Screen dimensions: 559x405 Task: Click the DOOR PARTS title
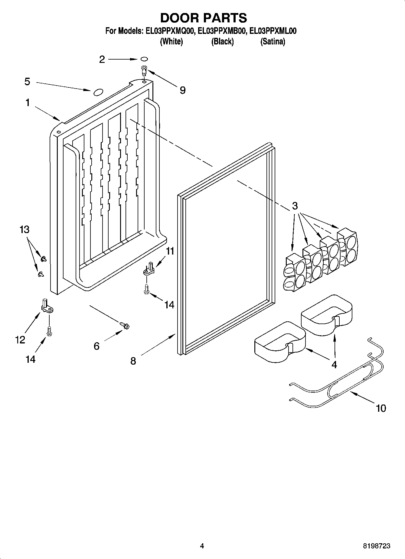(203, 18)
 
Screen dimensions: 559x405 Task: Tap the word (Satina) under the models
(273, 42)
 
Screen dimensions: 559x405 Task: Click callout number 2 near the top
(102, 60)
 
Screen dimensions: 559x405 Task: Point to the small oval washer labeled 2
(144, 59)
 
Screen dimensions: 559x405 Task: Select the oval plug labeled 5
(98, 92)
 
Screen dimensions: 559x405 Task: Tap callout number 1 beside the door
(28, 103)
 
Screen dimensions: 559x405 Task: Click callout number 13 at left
(24, 229)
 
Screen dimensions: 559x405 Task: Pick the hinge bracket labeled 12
(47, 307)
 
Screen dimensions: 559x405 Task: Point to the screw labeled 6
(125, 325)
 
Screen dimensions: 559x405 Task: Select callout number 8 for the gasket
(133, 361)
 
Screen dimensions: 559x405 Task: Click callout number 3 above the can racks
(295, 206)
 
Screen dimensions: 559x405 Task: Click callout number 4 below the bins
(334, 365)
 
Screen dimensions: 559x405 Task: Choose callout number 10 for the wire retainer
(381, 408)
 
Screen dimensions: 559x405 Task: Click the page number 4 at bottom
(202, 546)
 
